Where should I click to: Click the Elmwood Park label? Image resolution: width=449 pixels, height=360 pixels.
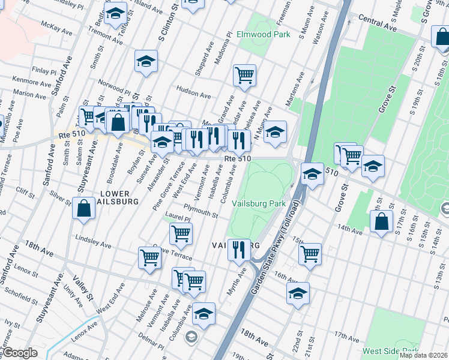click(x=263, y=35)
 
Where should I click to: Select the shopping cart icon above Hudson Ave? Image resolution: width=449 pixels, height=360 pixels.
click(x=244, y=75)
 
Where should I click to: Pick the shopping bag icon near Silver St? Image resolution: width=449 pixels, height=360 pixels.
click(x=83, y=208)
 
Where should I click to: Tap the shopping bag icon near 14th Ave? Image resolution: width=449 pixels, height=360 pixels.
click(x=381, y=221)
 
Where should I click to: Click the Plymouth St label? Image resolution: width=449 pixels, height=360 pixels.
click(x=200, y=212)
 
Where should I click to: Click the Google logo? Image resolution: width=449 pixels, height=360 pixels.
click(x=20, y=353)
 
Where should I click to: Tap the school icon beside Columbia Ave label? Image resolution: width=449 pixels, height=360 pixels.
click(x=203, y=313)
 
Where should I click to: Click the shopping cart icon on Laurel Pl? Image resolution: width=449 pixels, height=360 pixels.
click(x=180, y=233)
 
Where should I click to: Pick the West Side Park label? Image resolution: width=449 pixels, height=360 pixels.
click(x=390, y=350)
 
